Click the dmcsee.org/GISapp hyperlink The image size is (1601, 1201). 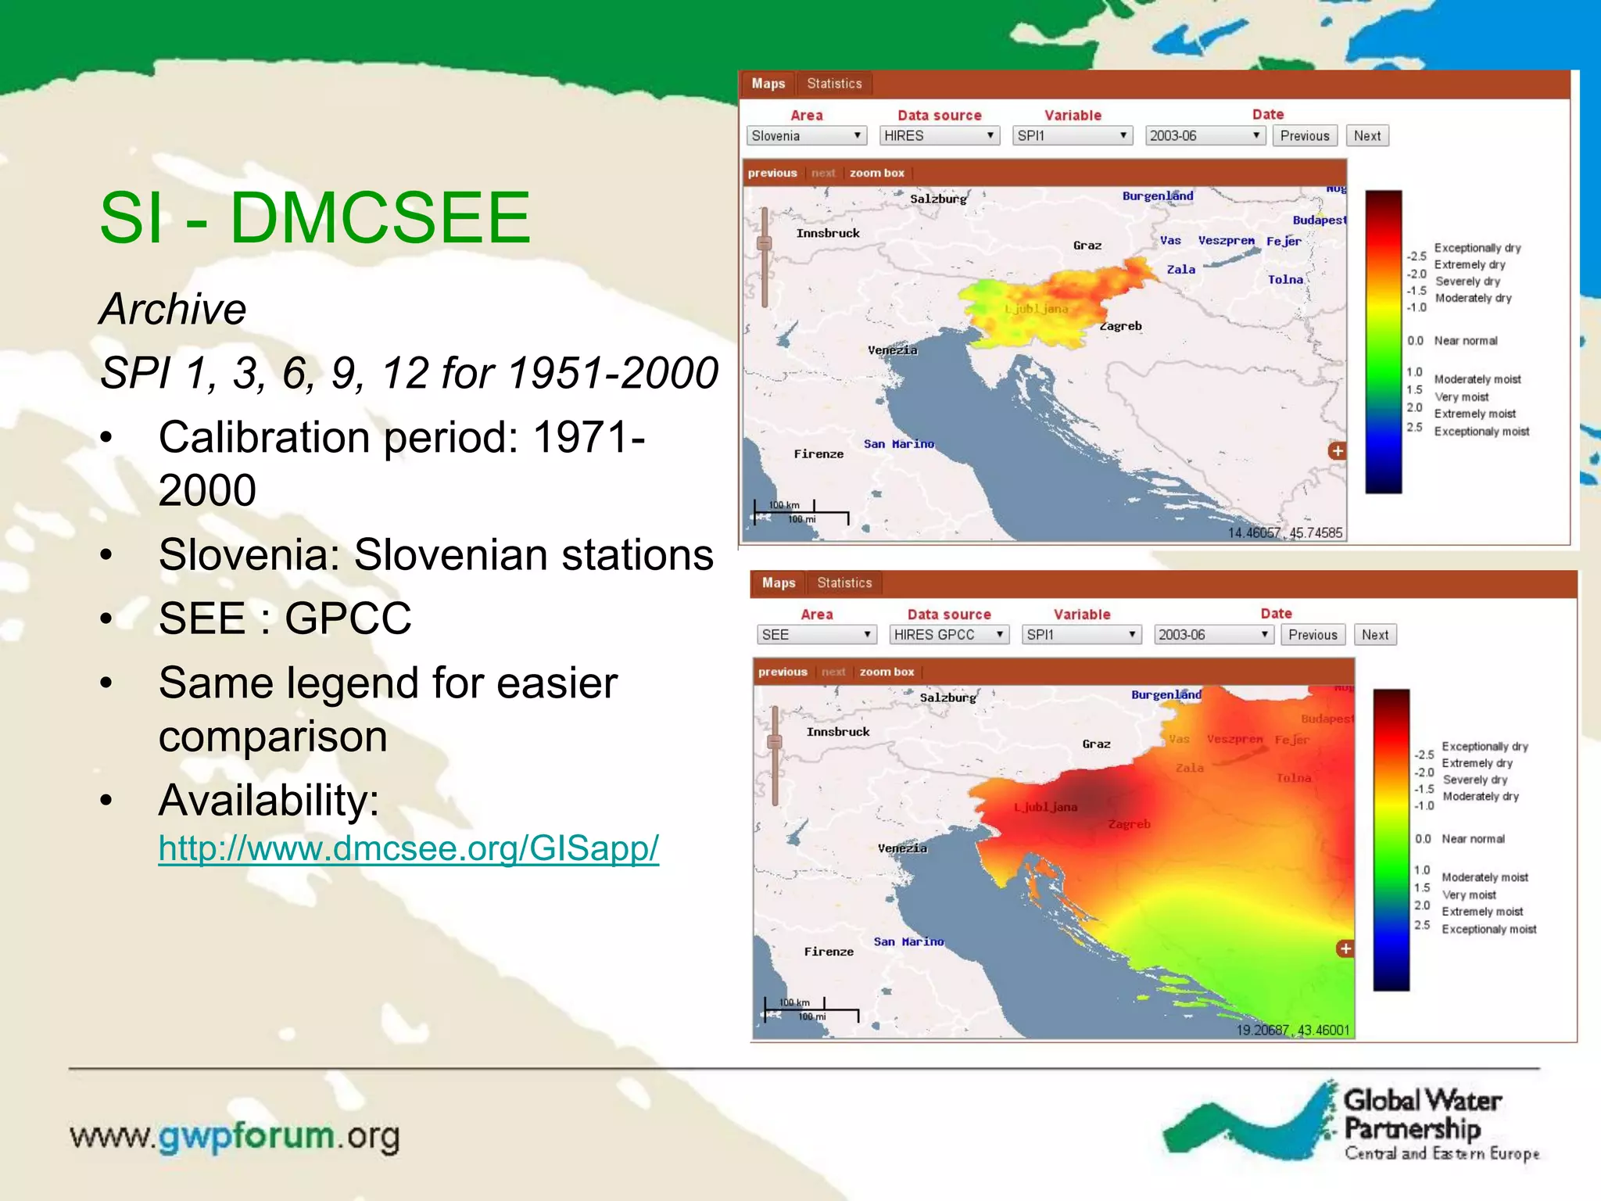[408, 848]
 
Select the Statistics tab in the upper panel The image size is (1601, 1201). [834, 84]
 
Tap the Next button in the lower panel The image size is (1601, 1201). [1375, 635]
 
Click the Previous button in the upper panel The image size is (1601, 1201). [1304, 136]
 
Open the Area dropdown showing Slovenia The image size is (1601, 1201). [806, 136]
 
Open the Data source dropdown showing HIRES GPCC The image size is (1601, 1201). [949, 635]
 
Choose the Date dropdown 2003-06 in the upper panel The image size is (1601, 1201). [1205, 136]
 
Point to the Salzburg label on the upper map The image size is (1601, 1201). [938, 199]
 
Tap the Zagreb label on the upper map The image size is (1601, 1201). [1121, 326]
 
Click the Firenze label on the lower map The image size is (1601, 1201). [829, 952]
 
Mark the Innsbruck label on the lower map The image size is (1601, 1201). [838, 732]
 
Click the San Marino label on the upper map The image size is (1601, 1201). [899, 444]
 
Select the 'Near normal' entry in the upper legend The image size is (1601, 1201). [1465, 341]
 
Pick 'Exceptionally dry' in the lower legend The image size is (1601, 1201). [1485, 747]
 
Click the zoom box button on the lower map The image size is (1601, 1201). [886, 672]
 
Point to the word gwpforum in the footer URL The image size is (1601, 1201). [246, 1136]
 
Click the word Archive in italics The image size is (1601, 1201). [173, 309]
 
